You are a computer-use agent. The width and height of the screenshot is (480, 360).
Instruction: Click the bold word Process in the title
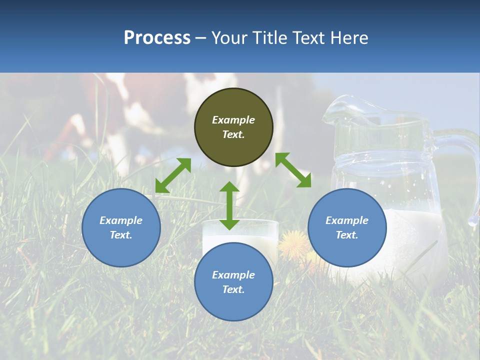(x=157, y=38)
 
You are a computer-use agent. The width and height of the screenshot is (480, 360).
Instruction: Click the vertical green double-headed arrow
(x=229, y=205)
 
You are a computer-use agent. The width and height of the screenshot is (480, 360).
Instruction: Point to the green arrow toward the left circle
(x=173, y=175)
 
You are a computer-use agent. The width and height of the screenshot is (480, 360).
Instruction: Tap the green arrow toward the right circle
(x=293, y=170)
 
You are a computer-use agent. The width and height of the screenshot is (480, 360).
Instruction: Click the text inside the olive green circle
(x=233, y=127)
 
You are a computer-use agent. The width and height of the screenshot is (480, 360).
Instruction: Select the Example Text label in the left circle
(x=121, y=227)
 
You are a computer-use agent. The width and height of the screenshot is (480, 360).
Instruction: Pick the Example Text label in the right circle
(x=347, y=227)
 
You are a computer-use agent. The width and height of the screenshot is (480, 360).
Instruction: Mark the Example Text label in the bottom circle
(x=233, y=282)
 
